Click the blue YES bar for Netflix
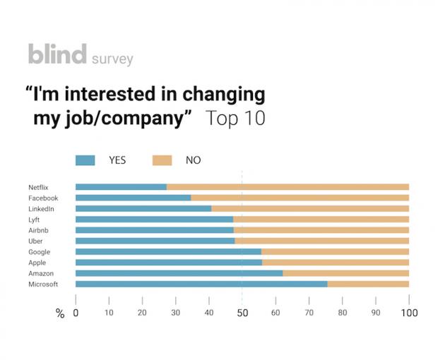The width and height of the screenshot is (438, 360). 121,187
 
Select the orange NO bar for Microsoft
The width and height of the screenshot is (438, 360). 368,284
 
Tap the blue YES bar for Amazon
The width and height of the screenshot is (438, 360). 179,273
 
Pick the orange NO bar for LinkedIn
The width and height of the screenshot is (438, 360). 310,209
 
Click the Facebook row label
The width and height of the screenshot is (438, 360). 43,198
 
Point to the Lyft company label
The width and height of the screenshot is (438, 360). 35,220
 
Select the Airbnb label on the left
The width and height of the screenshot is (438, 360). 39,230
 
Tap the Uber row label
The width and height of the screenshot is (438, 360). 35,241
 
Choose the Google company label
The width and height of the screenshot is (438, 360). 39,252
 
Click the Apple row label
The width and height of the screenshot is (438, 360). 37,263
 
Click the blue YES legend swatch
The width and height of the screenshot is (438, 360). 85,160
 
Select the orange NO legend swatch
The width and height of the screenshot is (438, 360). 162,160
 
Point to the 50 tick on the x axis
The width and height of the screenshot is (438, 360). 242,313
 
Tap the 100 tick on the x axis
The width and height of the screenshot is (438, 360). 409,313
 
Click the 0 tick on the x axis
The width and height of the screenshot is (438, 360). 76,313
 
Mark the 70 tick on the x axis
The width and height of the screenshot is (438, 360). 309,313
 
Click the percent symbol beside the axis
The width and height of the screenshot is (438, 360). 60,313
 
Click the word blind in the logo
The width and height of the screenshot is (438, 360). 57,54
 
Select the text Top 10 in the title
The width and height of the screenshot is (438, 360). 235,118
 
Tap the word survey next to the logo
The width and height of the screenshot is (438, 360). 112,59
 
